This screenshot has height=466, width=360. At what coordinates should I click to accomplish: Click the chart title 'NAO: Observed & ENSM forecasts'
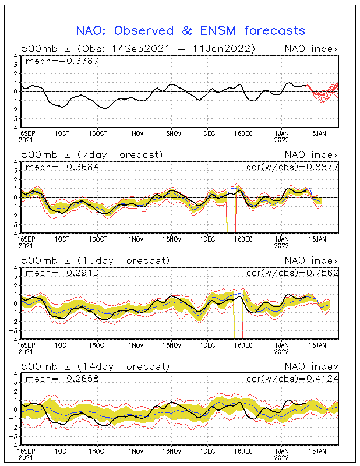click(190, 30)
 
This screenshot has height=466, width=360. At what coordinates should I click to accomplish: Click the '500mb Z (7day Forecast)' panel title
click(92, 154)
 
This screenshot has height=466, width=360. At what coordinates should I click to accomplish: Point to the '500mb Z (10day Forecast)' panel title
click(95, 260)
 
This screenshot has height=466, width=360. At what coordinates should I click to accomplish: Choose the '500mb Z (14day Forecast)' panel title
click(95, 366)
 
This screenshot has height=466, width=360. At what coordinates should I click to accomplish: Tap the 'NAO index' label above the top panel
click(311, 48)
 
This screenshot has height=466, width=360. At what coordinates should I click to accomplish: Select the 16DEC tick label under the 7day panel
click(243, 238)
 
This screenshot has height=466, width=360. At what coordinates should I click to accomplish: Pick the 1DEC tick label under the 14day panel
click(208, 450)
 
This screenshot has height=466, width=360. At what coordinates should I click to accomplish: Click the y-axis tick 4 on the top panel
click(16, 56)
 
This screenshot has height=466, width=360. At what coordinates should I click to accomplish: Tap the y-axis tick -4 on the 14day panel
click(14, 445)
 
